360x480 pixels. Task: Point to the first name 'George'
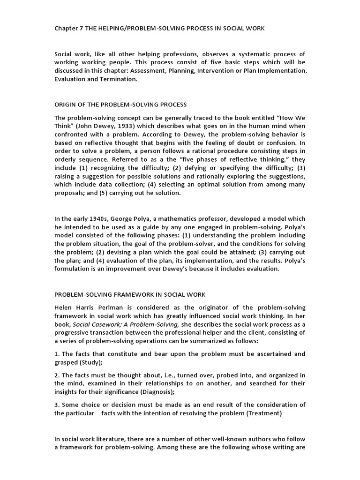coord(127,219)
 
